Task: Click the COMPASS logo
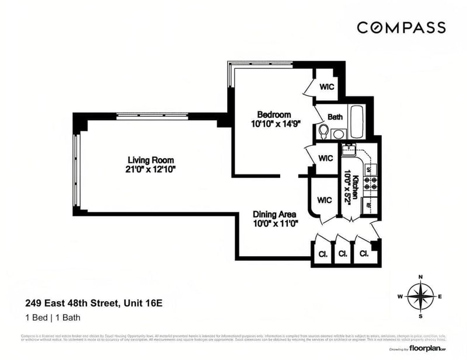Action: pyautogui.click(x=401, y=27)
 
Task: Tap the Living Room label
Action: pyautogui.click(x=151, y=160)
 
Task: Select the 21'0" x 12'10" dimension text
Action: pyautogui.click(x=151, y=169)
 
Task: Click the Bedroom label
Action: pyautogui.click(x=274, y=114)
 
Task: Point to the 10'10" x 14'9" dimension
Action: pyautogui.click(x=274, y=124)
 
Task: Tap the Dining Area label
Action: pyautogui.click(x=274, y=214)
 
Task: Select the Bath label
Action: pyautogui.click(x=335, y=117)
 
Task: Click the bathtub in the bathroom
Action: pyautogui.click(x=357, y=121)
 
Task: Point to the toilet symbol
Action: pyautogui.click(x=323, y=131)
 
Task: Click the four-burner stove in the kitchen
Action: pyautogui.click(x=370, y=185)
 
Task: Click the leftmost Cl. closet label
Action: pyautogui.click(x=322, y=254)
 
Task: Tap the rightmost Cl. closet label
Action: pyautogui.click(x=364, y=254)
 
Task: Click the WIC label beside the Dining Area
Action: pyautogui.click(x=325, y=200)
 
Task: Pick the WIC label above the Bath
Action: pyautogui.click(x=326, y=86)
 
